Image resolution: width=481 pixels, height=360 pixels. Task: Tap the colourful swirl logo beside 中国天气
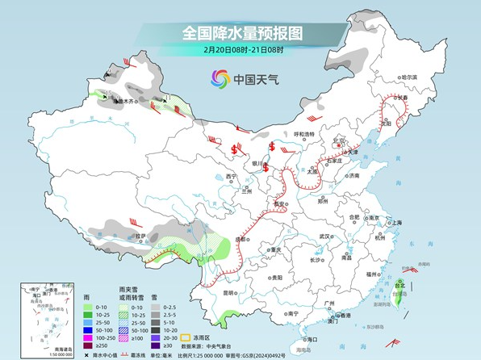tap(220, 78)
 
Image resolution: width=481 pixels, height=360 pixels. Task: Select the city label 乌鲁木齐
tap(123, 103)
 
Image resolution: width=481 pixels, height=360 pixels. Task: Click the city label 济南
tap(353, 175)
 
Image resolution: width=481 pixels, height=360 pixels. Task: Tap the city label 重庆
tap(275, 250)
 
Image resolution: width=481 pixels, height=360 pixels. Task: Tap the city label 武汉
tap(325, 237)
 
